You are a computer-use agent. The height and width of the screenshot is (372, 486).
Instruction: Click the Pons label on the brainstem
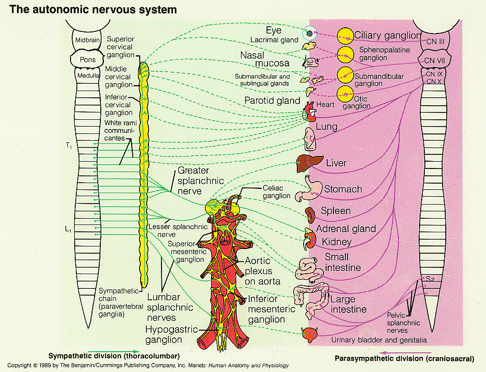tap(88, 59)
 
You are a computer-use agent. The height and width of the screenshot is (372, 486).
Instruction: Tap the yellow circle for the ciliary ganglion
tap(345, 36)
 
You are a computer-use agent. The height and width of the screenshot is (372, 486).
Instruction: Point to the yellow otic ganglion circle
tap(345, 94)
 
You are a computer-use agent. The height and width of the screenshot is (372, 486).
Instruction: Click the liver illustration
tap(306, 164)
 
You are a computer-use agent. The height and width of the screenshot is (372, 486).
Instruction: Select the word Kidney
tap(337, 242)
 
